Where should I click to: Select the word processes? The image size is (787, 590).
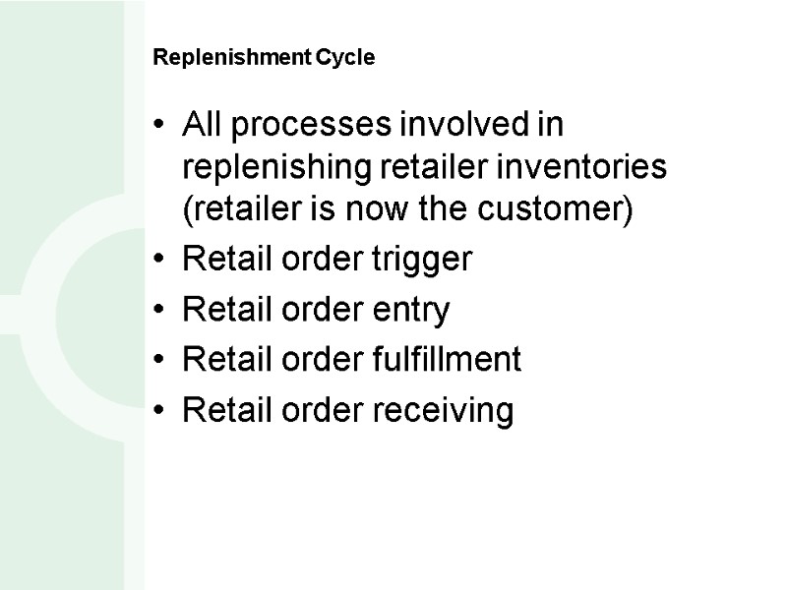pyautogui.click(x=300, y=127)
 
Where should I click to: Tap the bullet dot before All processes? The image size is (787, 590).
pyautogui.click(x=159, y=129)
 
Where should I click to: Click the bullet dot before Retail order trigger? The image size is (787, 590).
pyautogui.click(x=159, y=263)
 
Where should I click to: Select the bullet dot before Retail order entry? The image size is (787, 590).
pyautogui.click(x=159, y=313)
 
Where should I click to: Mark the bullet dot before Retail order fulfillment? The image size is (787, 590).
pyautogui.click(x=159, y=363)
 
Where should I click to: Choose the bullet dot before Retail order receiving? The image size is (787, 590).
pyautogui.click(x=159, y=413)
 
